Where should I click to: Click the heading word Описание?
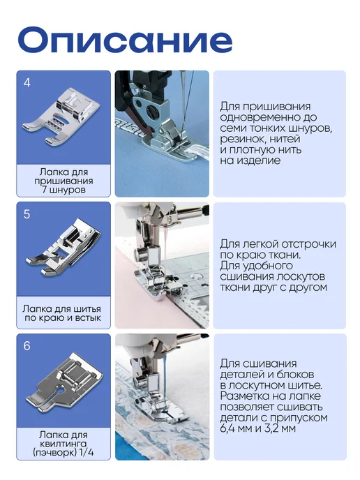tap(125, 40)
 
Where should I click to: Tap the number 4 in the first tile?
tap(27, 83)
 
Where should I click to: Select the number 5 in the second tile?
tap(27, 214)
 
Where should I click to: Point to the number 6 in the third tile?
tap(27, 346)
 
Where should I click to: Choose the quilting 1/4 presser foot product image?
tap(65, 382)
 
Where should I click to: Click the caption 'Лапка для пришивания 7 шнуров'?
tap(63, 181)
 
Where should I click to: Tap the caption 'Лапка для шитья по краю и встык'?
tap(62, 313)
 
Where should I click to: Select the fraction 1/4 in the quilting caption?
tap(87, 452)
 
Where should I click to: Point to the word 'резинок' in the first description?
tap(239, 139)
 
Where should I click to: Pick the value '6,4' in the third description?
tap(228, 428)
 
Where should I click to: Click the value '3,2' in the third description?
tap(272, 428)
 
